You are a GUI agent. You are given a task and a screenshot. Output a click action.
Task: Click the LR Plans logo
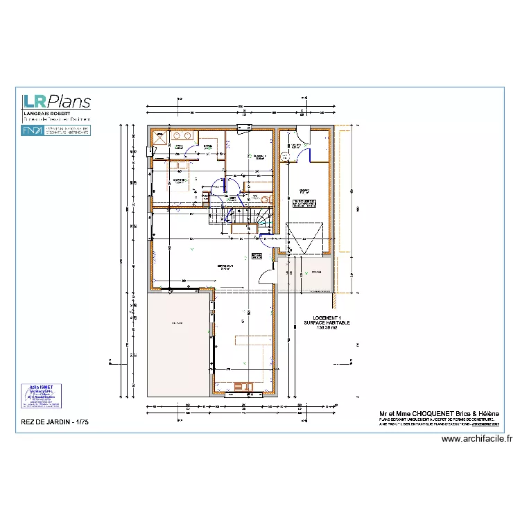56,101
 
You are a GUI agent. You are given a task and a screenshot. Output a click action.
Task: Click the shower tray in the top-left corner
159,137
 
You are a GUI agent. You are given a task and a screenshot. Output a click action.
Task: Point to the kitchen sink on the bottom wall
244,386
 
